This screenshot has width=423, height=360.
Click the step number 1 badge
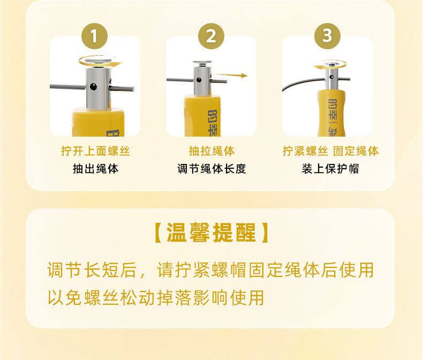pyautogui.click(x=94, y=36)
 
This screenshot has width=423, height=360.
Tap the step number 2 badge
pyautogui.click(x=211, y=36)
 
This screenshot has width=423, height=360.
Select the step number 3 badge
pyautogui.click(x=327, y=36)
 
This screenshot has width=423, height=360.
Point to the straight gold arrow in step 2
pyautogui.click(x=231, y=76)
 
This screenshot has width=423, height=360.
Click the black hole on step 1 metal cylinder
pyautogui.click(x=93, y=87)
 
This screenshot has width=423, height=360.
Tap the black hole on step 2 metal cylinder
pyautogui.click(x=199, y=80)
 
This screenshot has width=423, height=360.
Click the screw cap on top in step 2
pyautogui.click(x=202, y=63)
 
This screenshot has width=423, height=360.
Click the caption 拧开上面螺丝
pyautogui.click(x=95, y=151)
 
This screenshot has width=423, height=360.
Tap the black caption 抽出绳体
pyautogui.click(x=95, y=169)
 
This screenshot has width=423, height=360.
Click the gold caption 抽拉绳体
pyautogui.click(x=212, y=151)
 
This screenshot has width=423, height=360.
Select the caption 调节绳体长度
pyautogui.click(x=212, y=169)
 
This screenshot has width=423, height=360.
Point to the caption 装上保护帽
pyautogui.click(x=330, y=169)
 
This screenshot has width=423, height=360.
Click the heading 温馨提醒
pyautogui.click(x=211, y=232)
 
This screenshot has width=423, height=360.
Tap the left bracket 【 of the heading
pyautogui.click(x=158, y=232)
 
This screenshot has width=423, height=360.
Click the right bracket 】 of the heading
pyautogui.click(x=265, y=232)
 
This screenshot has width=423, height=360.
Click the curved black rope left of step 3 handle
pyautogui.click(x=299, y=82)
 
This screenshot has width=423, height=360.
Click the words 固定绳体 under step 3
pyautogui.click(x=356, y=151)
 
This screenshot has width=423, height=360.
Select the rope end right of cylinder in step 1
pyautogui.click(x=122, y=88)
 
